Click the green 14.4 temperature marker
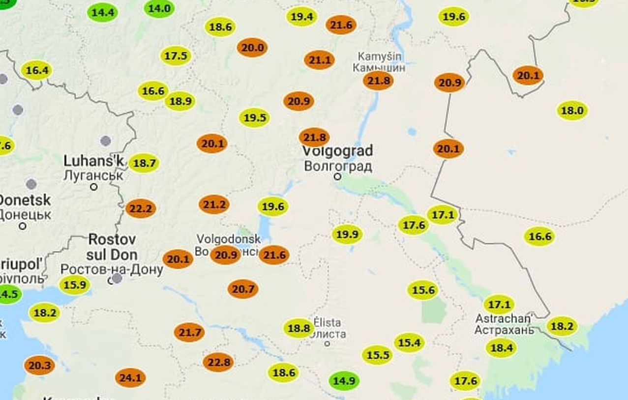[103, 12]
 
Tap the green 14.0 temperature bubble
[159, 8]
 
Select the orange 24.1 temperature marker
[130, 378]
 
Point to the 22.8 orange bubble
[218, 362]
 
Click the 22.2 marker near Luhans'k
[141, 209]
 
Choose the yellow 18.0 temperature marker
[572, 111]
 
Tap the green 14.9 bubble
[344, 381]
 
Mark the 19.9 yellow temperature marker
[347, 234]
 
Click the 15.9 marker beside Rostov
[75, 285]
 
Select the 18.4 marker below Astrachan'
[501, 348]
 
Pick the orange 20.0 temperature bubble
[253, 48]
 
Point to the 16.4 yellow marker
[37, 70]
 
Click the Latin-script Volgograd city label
[337, 150]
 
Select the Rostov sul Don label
[112, 247]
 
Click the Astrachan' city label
[504, 318]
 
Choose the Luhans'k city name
[94, 161]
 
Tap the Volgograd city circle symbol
[338, 176]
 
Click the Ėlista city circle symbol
[327, 343]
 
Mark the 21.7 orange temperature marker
[189, 333]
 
